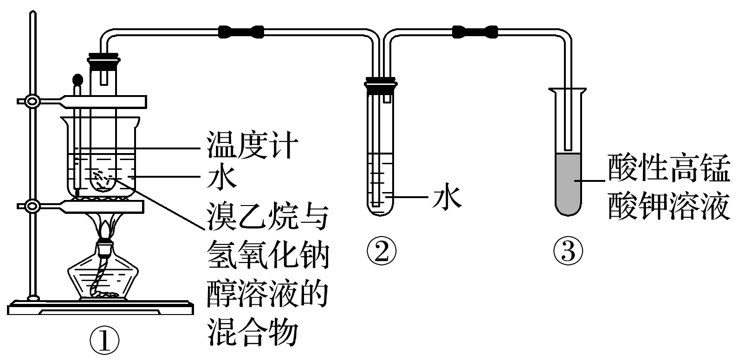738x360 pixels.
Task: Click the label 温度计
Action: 251,146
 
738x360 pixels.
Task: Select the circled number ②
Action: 381,251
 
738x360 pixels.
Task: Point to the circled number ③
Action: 568,251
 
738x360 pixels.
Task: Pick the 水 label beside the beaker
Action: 221,177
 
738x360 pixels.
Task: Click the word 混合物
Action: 251,330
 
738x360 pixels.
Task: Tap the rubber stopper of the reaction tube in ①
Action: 104,61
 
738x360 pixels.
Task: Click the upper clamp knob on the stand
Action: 32,101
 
